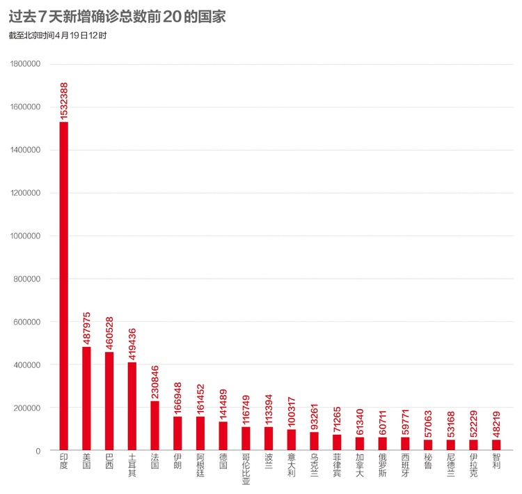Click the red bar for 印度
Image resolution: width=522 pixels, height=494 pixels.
[63, 286]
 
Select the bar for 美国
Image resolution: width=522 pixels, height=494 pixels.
[86, 399]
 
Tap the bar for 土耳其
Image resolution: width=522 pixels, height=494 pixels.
[132, 406]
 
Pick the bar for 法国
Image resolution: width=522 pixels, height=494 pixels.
[155, 426]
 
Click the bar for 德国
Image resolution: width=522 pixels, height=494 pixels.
[223, 436]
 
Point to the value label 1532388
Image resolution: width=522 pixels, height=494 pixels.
[63, 101]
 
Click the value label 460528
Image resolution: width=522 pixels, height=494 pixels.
[109, 333]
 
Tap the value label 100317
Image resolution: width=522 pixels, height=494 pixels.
[292, 412]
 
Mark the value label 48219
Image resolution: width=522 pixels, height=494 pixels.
[496, 424]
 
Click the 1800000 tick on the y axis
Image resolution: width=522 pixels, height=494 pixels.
[25, 63]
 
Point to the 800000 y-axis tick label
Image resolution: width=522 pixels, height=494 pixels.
[27, 279]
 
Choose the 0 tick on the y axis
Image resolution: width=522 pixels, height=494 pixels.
[38, 451]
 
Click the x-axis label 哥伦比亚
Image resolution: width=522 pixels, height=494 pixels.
[246, 469]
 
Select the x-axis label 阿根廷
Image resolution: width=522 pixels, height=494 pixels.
[200, 465]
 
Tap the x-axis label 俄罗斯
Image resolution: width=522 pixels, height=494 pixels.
[383, 465]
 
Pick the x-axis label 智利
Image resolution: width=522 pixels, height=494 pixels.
[496, 461]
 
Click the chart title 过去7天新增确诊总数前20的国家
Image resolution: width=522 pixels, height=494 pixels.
[117, 16]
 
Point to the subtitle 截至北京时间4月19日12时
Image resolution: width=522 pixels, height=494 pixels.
[58, 36]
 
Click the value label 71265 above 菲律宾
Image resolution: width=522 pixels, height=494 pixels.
[337, 419]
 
